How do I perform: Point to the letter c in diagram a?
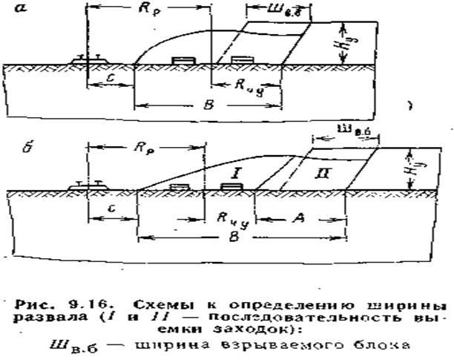(109, 79)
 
